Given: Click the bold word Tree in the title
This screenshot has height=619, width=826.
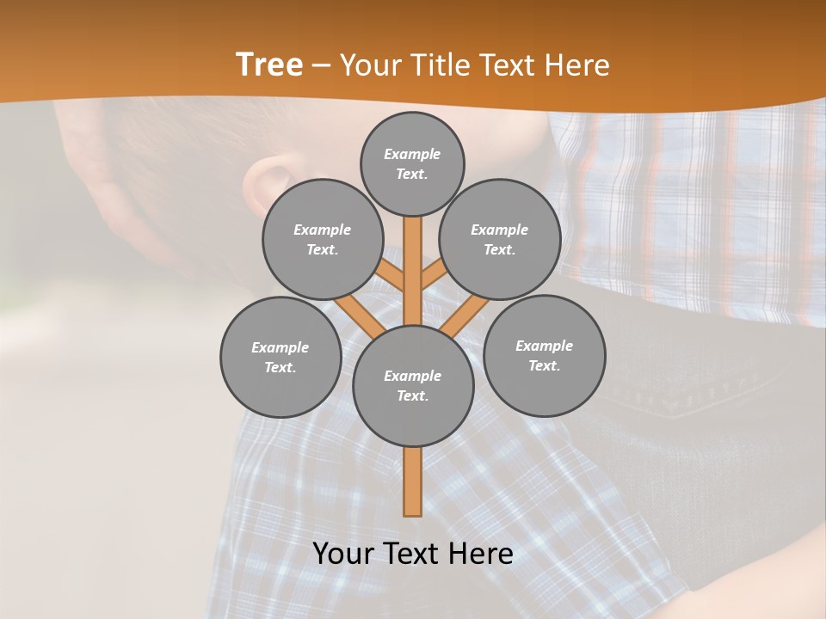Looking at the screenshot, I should tap(269, 65).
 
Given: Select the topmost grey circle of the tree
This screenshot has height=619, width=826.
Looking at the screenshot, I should tap(412, 163).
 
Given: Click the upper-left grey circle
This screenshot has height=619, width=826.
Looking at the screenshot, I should tap(322, 239).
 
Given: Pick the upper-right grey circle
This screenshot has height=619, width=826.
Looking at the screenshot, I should tap(500, 239).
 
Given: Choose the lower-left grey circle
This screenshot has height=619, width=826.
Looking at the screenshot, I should tap(280, 357).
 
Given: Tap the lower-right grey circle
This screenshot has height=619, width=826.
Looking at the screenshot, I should tap(544, 355).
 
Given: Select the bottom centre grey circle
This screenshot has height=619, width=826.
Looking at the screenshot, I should tap(413, 385).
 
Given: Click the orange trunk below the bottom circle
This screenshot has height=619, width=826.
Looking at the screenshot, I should tap(413, 481).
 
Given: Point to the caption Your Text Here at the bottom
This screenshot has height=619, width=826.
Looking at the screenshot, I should tap(413, 554).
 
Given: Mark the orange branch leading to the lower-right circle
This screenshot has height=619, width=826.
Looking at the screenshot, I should tap(465, 316).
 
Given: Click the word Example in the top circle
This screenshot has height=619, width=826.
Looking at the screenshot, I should tap(412, 154).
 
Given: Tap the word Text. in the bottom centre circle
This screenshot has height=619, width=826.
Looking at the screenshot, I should tap(412, 395).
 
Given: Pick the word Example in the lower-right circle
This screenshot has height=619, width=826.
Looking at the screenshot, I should tap(544, 346).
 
